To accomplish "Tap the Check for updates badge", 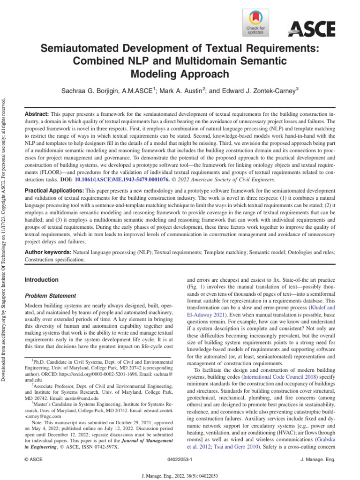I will point(255,22).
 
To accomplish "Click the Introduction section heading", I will point(41,280).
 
